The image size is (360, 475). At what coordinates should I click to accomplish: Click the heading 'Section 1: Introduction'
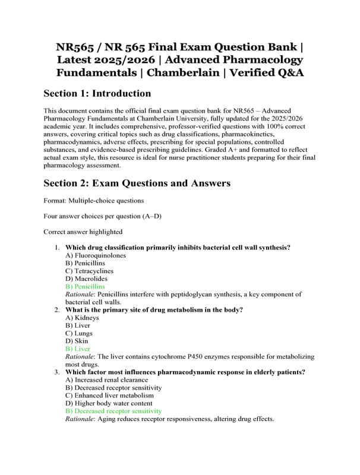tap(97, 93)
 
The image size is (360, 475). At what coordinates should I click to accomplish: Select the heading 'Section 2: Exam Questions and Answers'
tap(137, 183)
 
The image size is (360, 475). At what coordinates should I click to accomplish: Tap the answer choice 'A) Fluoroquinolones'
tap(96, 255)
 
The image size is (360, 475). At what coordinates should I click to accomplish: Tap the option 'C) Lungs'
tap(80, 333)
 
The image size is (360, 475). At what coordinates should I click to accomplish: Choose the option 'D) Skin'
tap(78, 341)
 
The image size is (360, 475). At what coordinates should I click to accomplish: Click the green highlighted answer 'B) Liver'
tap(78, 349)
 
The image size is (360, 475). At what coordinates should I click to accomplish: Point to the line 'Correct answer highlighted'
tap(83, 232)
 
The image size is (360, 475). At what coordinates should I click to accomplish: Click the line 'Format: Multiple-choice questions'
tap(93, 201)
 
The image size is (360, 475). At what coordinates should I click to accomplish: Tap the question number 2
tap(56, 310)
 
